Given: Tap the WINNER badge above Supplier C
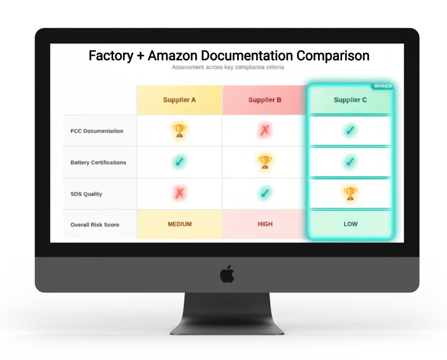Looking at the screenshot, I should point(383,86).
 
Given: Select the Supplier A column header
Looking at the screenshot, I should point(179,100).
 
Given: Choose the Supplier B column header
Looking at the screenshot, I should point(265,100).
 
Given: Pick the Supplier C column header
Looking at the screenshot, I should point(350,100).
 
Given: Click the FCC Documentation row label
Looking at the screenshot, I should point(97,131).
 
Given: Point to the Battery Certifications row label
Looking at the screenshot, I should point(98,162).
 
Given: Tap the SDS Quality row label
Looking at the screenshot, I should point(86,194).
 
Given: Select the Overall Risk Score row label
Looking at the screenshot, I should point(95,225).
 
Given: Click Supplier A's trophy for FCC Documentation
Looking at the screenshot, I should point(179,130).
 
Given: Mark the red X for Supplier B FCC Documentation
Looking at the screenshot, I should point(265,130).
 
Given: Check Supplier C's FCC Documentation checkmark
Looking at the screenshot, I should point(350,130).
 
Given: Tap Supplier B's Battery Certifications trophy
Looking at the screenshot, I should point(265,162).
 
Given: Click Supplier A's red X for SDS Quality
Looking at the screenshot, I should point(179,193).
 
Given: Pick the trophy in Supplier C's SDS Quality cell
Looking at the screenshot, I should point(350,193).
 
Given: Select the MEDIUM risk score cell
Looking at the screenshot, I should point(180,224).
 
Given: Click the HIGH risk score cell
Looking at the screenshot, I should point(265,224).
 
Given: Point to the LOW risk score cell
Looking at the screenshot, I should point(350,224).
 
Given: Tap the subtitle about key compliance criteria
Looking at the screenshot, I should point(228,67).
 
